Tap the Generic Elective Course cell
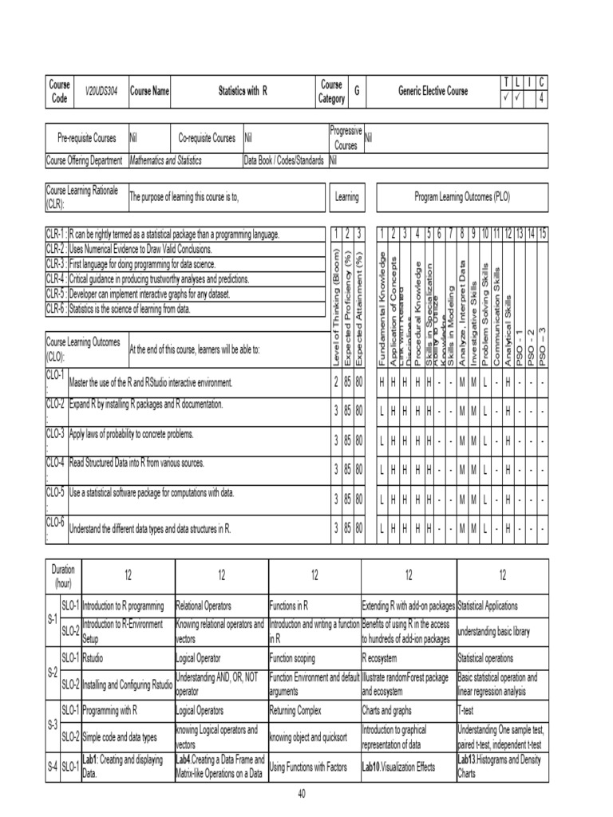coord(433,92)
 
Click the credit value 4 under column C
coord(543,100)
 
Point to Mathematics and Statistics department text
coord(166,160)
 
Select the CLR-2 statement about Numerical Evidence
coord(140,248)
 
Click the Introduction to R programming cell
coord(124,605)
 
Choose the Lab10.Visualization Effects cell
coord(399,768)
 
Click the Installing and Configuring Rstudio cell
coord(128,683)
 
